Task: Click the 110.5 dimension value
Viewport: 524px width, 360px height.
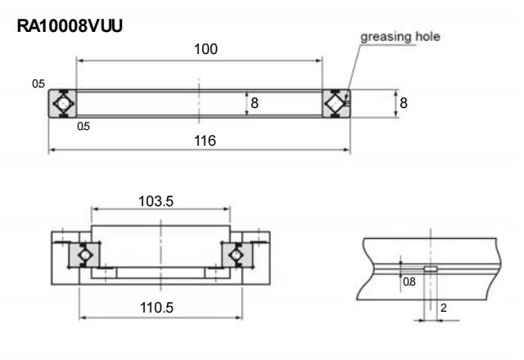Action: pyautogui.click(x=162, y=308)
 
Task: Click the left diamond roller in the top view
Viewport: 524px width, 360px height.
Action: pyautogui.click(x=63, y=104)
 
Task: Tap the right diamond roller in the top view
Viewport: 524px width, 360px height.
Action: pyautogui.click(x=335, y=104)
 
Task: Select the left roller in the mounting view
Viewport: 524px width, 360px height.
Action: pyautogui.click(x=83, y=256)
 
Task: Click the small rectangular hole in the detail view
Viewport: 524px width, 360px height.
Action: pyautogui.click(x=430, y=267)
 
